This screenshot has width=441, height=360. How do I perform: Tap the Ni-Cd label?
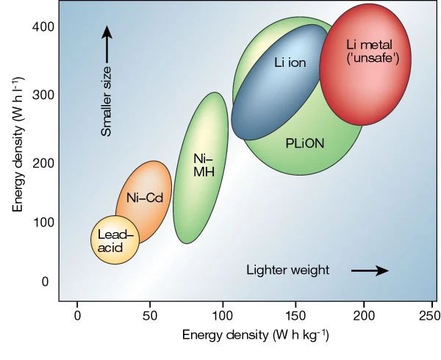[x=144, y=197]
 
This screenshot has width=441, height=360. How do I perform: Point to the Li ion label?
[x=290, y=62]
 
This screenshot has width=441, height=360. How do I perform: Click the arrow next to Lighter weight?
[x=369, y=270]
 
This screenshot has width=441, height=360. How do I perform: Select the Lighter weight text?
[x=288, y=270]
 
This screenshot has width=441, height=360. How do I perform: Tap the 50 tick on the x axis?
[x=149, y=315]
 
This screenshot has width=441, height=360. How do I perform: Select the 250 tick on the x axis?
[x=425, y=315]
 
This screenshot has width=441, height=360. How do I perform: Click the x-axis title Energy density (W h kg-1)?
[x=256, y=336]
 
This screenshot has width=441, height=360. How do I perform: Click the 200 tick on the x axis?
[x=365, y=315]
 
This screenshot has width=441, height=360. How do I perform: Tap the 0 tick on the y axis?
[x=45, y=281]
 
